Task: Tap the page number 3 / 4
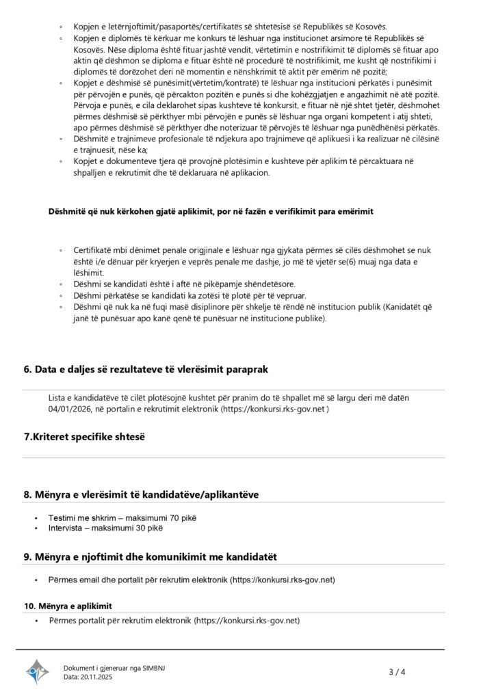point(397,672)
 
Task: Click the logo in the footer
point(38,672)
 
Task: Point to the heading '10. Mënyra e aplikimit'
point(68,606)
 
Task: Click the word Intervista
point(65,528)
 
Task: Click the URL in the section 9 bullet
point(281,580)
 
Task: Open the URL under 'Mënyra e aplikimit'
point(247,621)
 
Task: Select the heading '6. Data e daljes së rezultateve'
point(146,370)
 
